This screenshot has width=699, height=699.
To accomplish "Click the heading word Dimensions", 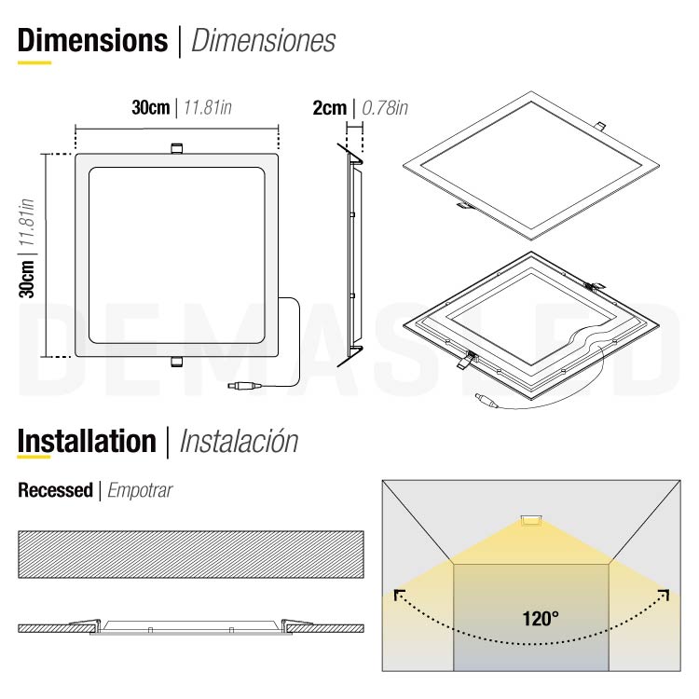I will coord(92,41).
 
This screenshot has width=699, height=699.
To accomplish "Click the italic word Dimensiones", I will coord(263,41).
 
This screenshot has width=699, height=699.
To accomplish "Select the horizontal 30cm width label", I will coord(150,107).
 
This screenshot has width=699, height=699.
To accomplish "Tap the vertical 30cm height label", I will coord(28,279).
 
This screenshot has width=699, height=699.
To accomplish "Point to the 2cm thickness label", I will coord(329,107).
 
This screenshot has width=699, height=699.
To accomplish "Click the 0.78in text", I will coord(385,107).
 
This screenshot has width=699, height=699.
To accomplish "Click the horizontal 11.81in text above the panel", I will coord(207,107).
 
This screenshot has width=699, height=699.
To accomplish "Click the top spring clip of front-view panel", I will coord(176,147).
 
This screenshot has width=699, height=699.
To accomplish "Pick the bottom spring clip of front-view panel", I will coord(176,363).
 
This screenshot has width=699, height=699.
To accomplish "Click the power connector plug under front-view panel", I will coord(243,384).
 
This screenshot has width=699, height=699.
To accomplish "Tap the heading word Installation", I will coord(87,441).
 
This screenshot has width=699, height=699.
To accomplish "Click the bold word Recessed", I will coord(55,489).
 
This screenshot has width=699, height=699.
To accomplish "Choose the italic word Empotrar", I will coord(140,489).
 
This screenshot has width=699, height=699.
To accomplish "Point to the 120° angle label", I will coord(541,617).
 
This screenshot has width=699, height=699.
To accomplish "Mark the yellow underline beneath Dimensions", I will coord(34,62).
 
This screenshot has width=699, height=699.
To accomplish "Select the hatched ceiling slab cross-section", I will coord(190,554).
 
